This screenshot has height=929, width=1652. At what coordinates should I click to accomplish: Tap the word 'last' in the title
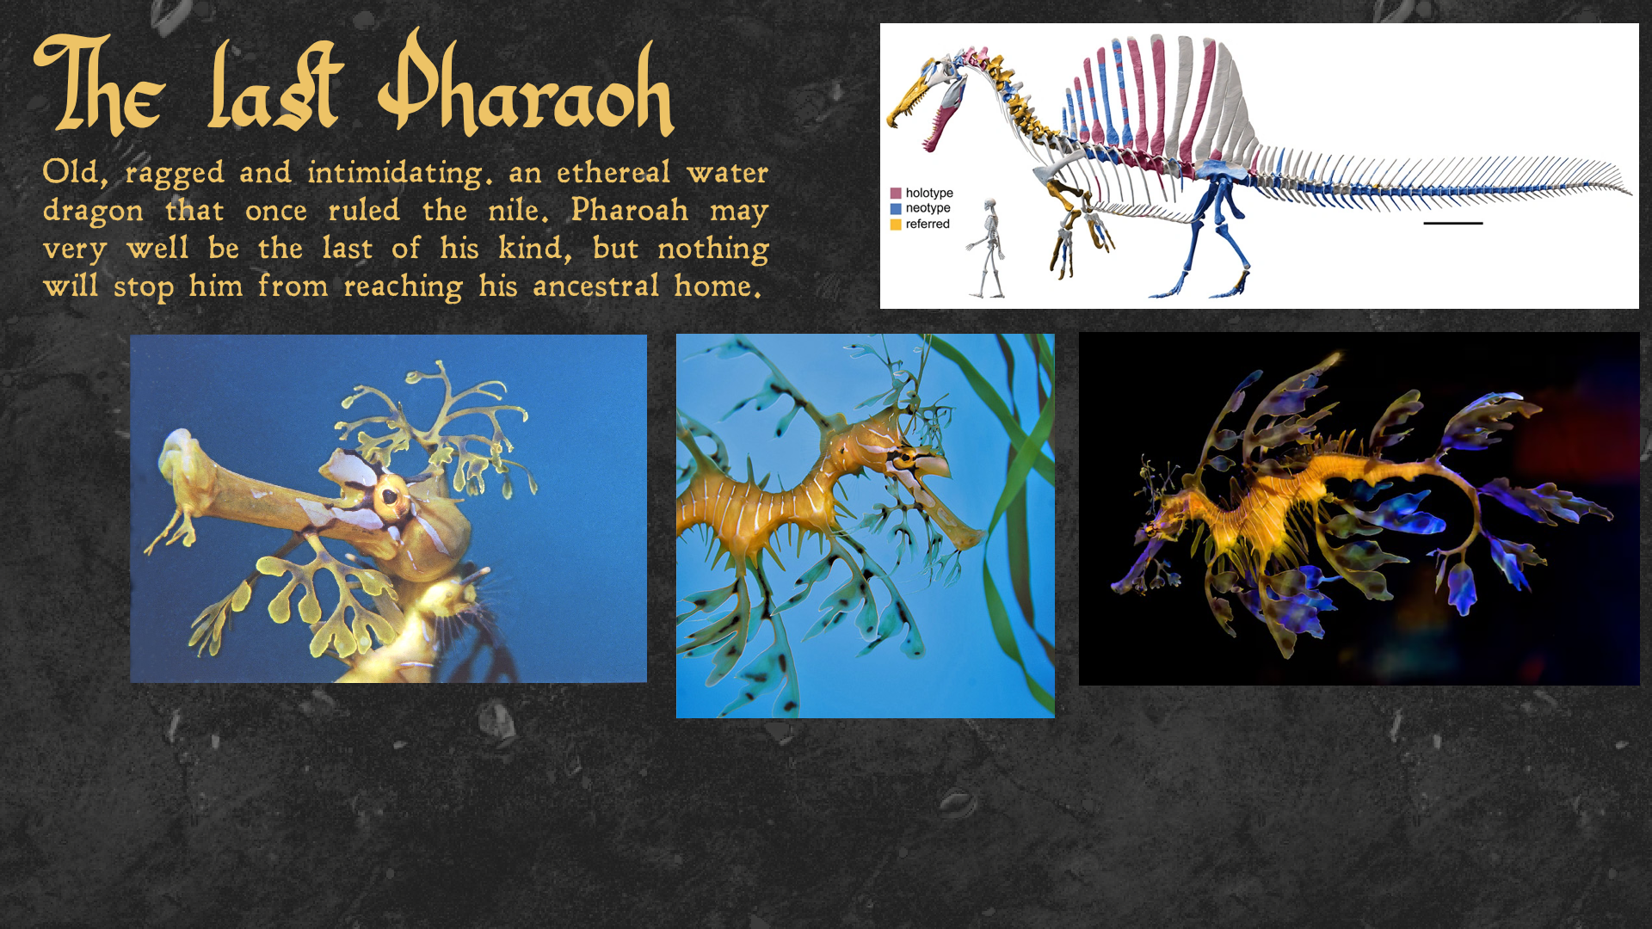[x=275, y=86]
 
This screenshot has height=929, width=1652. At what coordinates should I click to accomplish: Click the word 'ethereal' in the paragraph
[x=613, y=172]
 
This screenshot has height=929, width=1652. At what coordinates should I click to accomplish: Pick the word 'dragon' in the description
[x=93, y=212]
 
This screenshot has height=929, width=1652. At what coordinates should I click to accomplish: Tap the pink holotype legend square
[x=896, y=194]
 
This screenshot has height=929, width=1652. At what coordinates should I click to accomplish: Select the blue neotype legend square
[x=896, y=208]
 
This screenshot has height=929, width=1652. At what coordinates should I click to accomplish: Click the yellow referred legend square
[x=896, y=225]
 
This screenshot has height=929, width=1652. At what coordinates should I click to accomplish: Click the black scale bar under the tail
[x=1452, y=224]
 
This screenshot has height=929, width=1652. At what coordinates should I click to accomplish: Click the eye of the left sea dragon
[x=389, y=496]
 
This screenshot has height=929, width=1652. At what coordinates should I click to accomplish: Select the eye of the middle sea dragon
[x=904, y=458]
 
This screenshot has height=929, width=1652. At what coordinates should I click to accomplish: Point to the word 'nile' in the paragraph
[x=517, y=210]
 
